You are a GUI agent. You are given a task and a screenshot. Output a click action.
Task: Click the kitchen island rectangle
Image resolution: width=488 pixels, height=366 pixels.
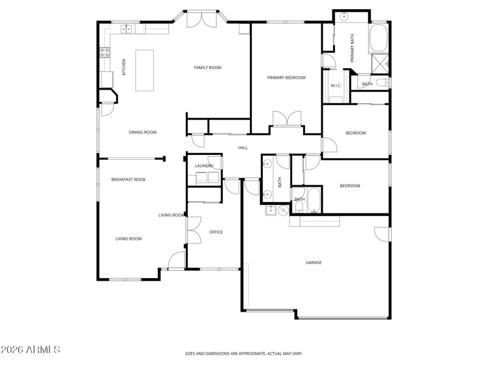pos(145,70)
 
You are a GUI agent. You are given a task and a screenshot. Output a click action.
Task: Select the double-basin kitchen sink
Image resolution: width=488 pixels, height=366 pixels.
pos(126,28)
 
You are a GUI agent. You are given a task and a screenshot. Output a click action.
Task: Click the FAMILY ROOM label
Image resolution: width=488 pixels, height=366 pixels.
pos(207,68)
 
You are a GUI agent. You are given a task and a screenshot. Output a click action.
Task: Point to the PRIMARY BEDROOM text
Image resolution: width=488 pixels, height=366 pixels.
pos(286,78)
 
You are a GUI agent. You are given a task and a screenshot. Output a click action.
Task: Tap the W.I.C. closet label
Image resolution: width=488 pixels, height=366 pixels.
pos(336,85)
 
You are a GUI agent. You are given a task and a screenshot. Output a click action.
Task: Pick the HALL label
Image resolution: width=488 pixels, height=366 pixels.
pos(243,148)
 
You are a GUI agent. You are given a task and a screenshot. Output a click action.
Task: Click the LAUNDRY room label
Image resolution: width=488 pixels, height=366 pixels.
pos(204,166)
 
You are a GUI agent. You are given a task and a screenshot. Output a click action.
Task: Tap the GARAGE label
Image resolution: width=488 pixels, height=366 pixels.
pos(314,263)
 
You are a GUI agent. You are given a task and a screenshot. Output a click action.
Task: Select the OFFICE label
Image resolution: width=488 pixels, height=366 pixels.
pos(216,232)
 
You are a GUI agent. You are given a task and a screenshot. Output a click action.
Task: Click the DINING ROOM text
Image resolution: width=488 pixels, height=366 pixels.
pos(143,132)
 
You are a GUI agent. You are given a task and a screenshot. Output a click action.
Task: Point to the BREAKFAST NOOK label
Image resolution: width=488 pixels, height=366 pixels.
pos(128,179)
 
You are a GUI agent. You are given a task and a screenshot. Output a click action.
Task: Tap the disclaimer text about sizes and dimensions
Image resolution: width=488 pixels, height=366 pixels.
pos(244,353)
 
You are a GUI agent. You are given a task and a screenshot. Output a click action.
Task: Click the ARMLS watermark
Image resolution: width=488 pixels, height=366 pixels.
pos(30,350)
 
